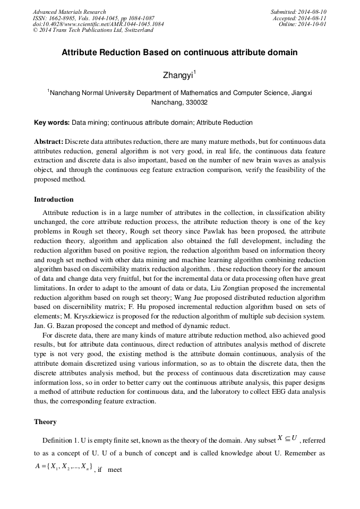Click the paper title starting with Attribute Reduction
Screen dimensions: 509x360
point(179,53)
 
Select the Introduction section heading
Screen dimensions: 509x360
point(54,200)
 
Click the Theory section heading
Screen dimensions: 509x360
point(45,422)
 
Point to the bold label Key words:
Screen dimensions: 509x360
point(52,123)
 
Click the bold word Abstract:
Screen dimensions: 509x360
point(49,142)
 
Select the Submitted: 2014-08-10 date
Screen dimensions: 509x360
point(298,12)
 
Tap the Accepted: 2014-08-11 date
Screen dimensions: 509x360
point(299,18)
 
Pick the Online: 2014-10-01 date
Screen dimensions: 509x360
point(303,24)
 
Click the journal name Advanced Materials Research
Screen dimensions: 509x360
point(70,12)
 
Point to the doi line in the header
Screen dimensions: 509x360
point(98,24)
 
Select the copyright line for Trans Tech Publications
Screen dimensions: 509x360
point(93,30)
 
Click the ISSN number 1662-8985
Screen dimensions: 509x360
point(63,18)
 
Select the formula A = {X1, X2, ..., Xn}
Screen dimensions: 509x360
point(64,467)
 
